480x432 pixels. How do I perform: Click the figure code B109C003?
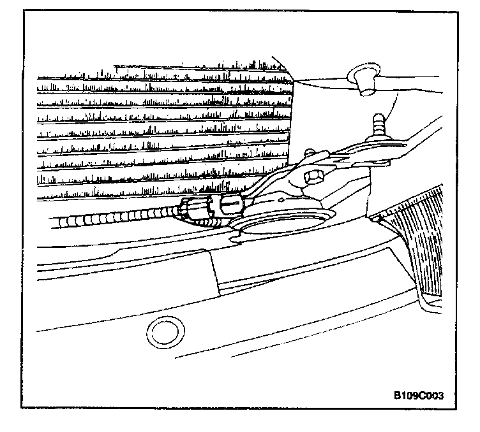pyautogui.click(x=419, y=394)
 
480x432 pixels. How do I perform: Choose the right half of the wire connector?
pyautogui.click(x=230, y=205)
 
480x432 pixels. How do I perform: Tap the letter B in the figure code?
pyautogui.click(x=397, y=394)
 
